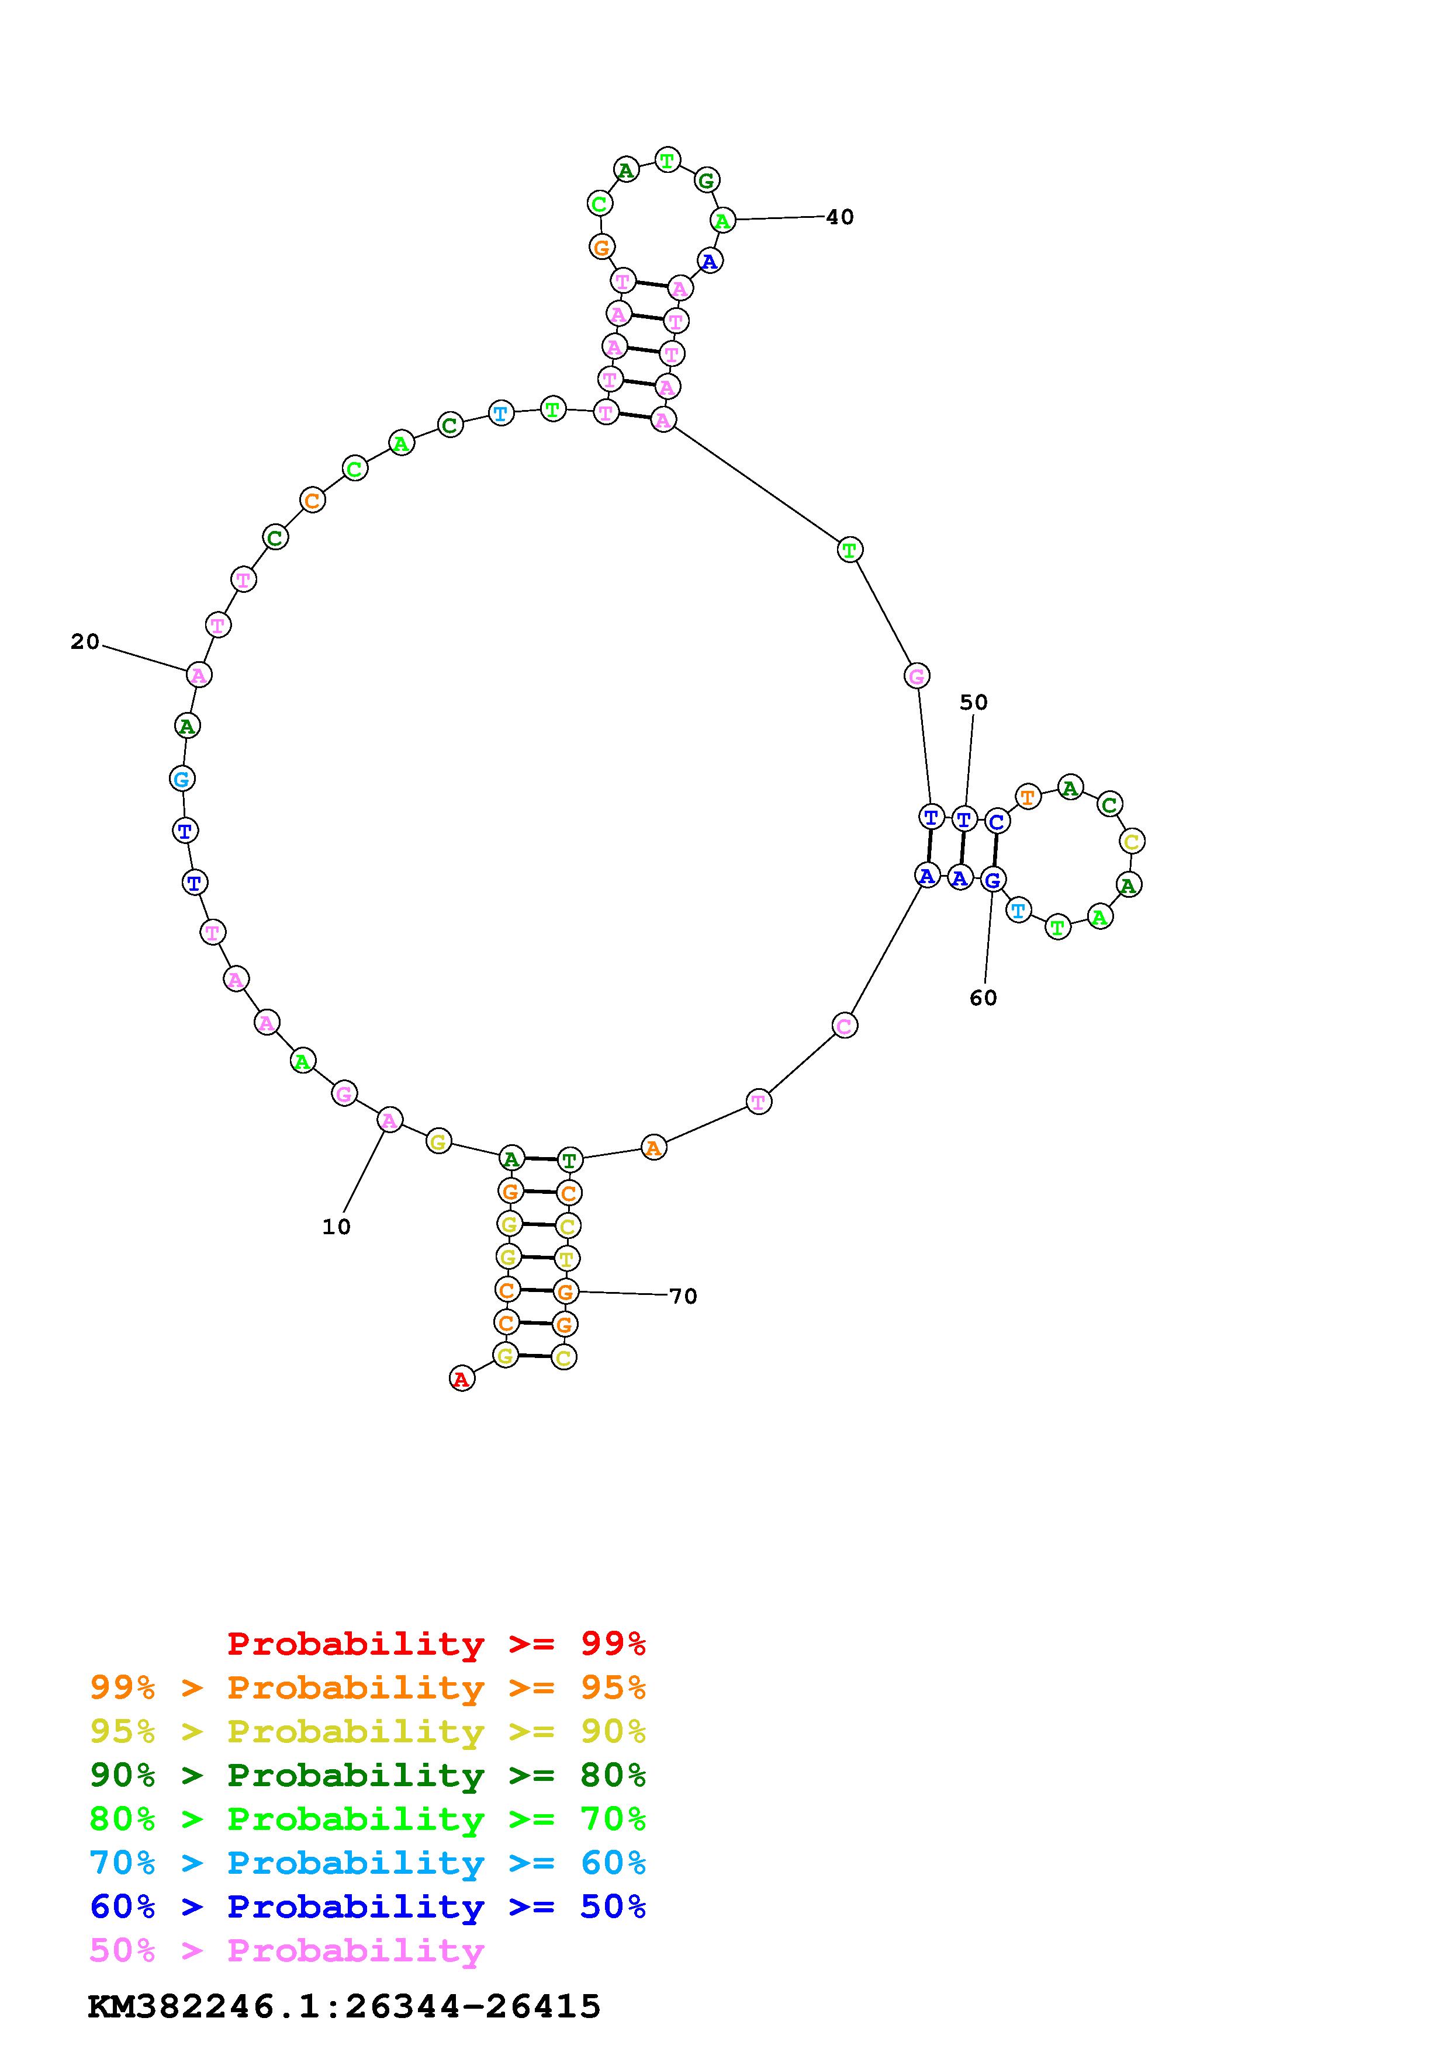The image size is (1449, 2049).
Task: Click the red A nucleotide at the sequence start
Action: point(461,1379)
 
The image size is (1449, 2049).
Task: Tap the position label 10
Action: point(336,1227)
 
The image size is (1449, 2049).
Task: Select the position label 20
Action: point(85,642)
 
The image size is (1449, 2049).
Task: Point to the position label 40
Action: point(839,217)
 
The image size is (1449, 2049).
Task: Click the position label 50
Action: point(973,702)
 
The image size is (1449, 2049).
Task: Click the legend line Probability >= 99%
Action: point(437,1643)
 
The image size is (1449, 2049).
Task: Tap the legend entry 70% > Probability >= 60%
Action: point(368,1863)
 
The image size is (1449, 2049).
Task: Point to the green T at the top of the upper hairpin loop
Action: point(667,161)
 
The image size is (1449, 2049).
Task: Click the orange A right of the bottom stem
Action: point(653,1148)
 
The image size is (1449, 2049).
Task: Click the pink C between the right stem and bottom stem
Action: point(845,1026)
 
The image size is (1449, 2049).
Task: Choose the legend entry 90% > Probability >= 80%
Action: point(368,1775)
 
